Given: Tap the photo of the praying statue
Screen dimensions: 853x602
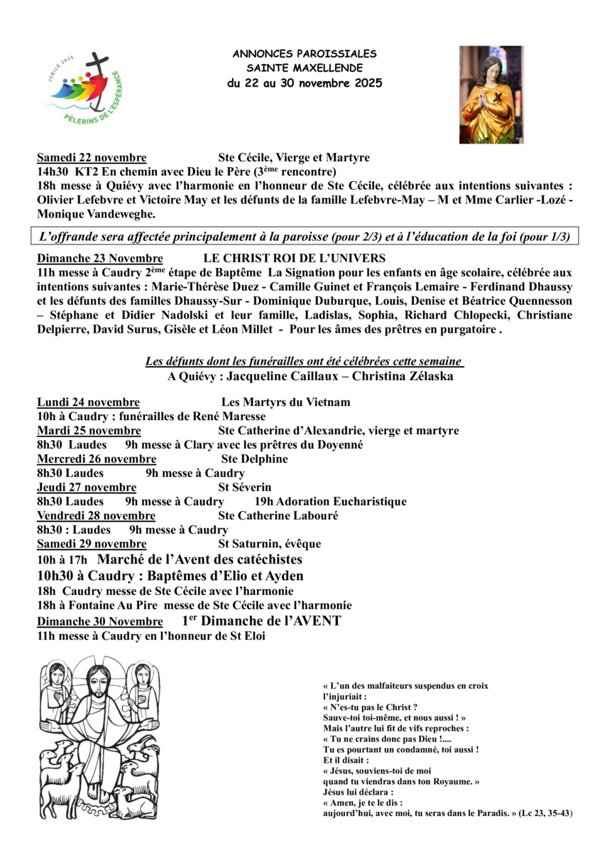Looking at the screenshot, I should pos(491,95).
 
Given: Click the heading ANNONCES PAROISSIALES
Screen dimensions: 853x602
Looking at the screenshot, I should pos(305,54).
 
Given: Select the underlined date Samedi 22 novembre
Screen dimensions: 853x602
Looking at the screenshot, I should pos(92,158).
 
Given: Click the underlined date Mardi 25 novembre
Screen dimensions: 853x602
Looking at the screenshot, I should pos(89,431).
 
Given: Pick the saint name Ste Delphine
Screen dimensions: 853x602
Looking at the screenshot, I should pos(254,459).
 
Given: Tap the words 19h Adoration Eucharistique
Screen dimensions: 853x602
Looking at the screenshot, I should pos(330,502).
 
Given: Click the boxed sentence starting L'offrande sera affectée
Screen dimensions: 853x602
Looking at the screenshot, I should pos(304,237).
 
